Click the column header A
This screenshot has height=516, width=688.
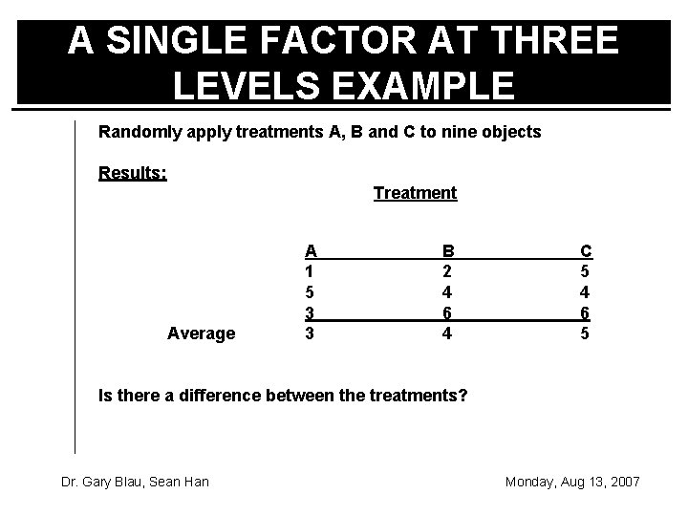point(311,250)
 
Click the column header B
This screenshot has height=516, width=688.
point(447,250)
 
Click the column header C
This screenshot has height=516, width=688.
point(586,250)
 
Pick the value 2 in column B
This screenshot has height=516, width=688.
point(447,270)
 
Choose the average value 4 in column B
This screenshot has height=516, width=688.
point(447,333)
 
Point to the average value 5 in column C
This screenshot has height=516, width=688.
point(586,333)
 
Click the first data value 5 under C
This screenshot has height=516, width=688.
point(586,270)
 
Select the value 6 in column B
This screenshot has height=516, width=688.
point(447,312)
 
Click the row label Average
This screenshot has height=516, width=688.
point(201,333)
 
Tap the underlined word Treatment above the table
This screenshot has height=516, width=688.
point(415,193)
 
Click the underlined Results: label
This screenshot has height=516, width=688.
point(133,173)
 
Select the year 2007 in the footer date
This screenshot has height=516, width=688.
point(622,482)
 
